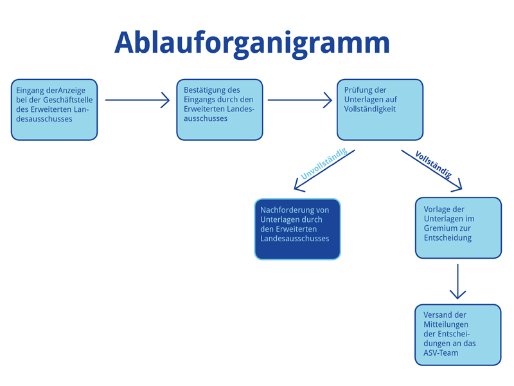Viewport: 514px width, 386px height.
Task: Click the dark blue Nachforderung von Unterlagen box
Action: [297, 229]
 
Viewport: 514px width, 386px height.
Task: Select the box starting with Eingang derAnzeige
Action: [55, 109]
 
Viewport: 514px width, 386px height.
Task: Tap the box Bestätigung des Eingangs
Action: [220, 109]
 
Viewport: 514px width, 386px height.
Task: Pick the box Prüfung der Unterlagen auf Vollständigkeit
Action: [380, 109]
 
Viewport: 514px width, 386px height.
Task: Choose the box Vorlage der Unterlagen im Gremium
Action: [458, 228]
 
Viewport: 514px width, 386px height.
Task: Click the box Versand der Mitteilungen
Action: [458, 335]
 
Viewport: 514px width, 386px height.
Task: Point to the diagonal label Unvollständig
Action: [324, 163]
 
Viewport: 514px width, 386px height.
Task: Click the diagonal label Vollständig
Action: [433, 165]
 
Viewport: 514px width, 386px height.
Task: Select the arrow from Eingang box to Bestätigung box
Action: [137, 100]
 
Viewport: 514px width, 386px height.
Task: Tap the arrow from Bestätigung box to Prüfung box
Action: [300, 100]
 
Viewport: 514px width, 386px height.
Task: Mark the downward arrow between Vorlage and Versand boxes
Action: [457, 281]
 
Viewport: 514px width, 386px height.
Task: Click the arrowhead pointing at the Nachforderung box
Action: [299, 186]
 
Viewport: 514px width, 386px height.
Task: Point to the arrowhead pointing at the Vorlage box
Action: [457, 186]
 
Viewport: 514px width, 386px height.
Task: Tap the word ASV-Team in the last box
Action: [441, 353]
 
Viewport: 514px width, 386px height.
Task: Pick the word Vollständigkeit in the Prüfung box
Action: [370, 109]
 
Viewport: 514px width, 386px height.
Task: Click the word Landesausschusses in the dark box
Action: [295, 238]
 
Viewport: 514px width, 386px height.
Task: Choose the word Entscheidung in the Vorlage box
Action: [448, 237]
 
